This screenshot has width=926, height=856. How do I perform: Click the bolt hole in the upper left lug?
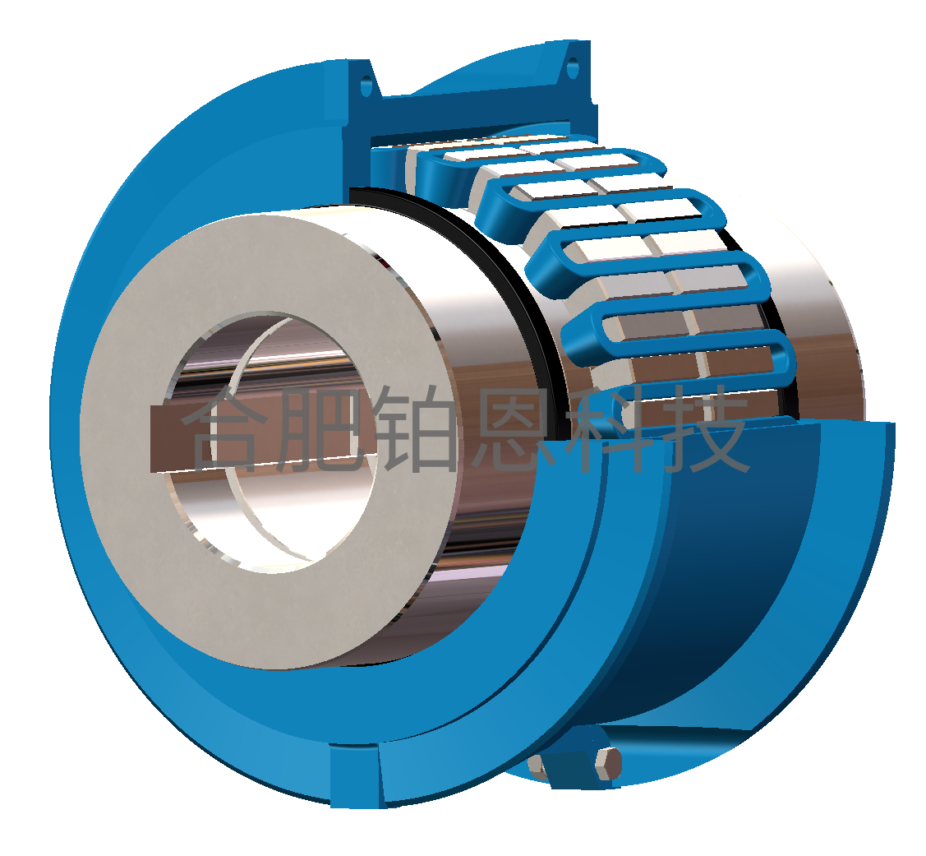[x=366, y=86]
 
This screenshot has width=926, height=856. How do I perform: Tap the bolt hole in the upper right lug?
[x=573, y=68]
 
